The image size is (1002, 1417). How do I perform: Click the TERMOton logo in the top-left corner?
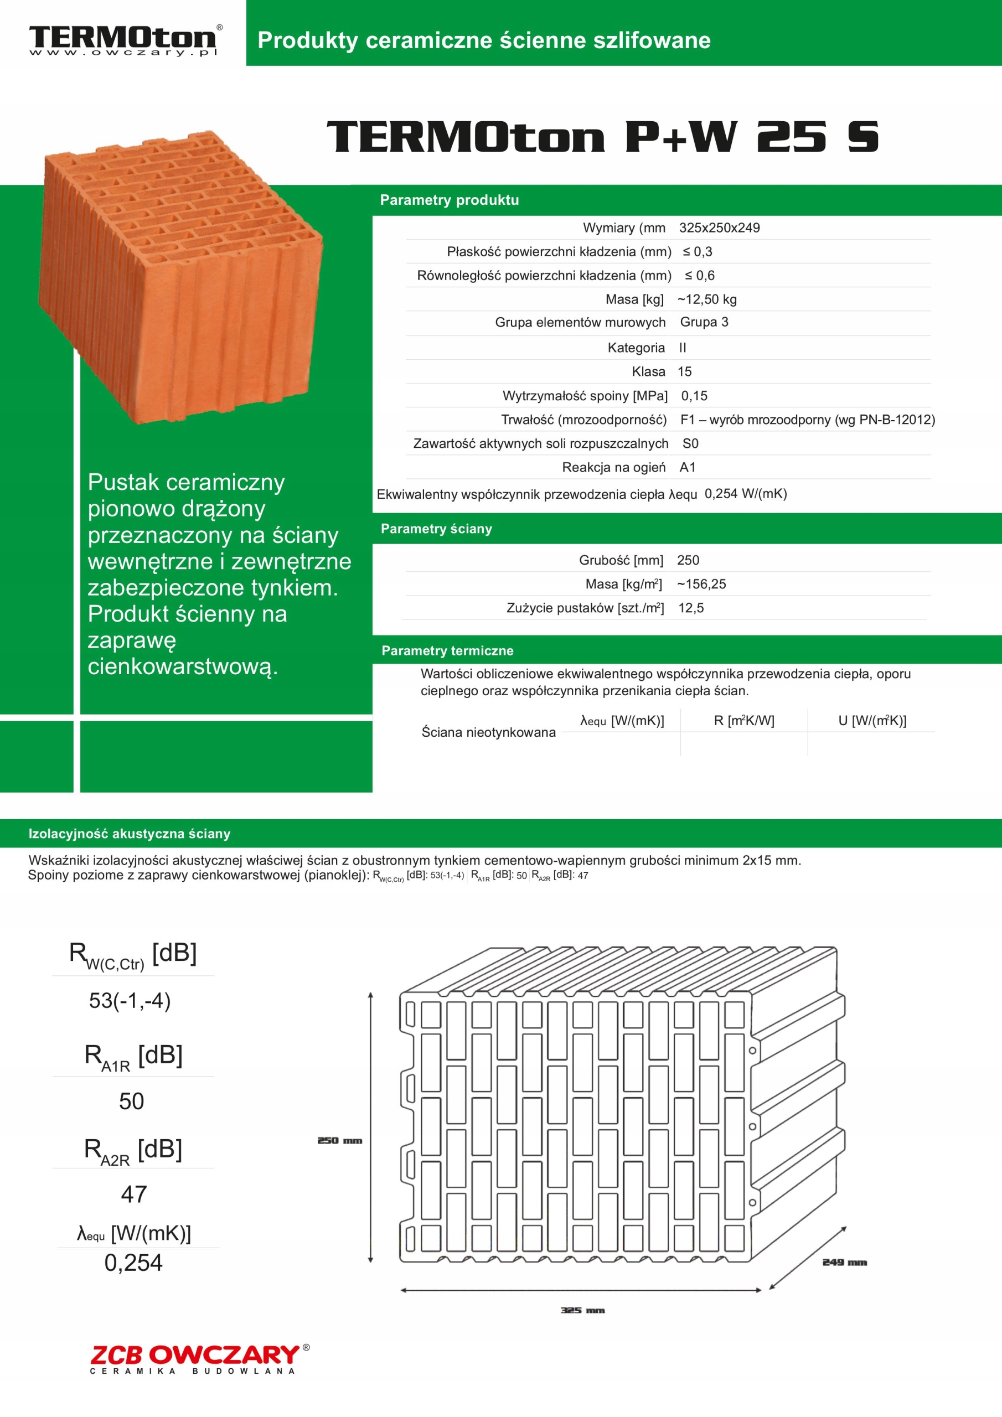(x=123, y=40)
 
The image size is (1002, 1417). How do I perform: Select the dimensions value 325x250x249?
(x=719, y=227)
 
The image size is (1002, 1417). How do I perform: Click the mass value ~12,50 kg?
(x=707, y=299)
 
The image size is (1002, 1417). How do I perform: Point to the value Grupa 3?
(x=704, y=322)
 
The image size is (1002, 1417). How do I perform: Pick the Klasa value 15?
(x=685, y=371)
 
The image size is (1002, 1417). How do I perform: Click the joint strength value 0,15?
(x=694, y=396)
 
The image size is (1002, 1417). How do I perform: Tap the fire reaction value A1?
(x=687, y=467)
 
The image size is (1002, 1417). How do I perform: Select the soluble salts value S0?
(x=690, y=443)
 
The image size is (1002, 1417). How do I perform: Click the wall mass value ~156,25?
(x=701, y=584)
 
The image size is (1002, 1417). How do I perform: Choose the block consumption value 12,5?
(x=691, y=608)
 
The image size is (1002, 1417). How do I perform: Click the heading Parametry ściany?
(x=436, y=529)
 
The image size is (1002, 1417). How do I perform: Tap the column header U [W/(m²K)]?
(x=872, y=720)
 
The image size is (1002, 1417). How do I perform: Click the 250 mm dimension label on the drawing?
(x=339, y=1140)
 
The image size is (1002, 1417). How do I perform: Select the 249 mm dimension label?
(x=844, y=1262)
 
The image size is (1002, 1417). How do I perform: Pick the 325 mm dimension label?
(x=582, y=1310)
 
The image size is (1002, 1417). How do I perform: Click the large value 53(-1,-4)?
(x=130, y=1000)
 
